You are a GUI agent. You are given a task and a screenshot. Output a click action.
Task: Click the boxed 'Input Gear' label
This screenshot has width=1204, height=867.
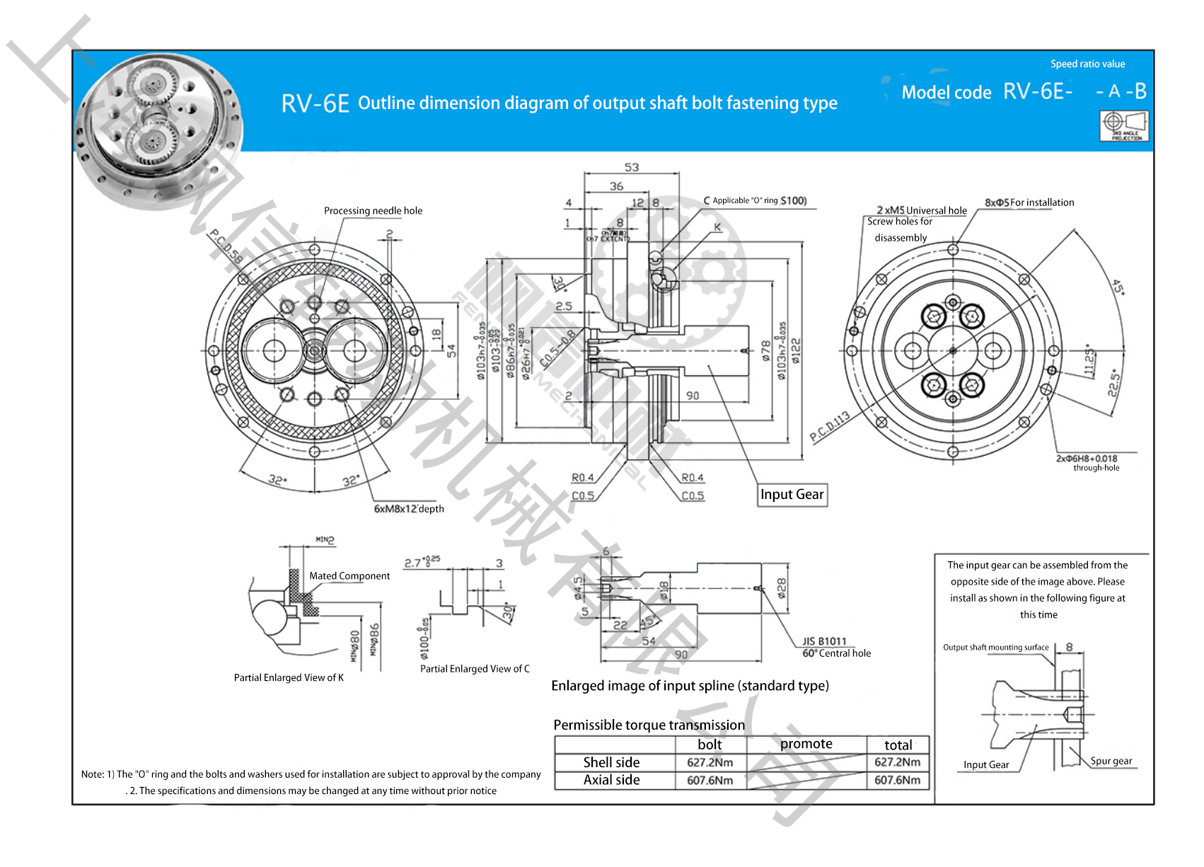(792, 495)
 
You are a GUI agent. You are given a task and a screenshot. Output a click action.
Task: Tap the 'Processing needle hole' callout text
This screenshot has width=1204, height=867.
(373, 211)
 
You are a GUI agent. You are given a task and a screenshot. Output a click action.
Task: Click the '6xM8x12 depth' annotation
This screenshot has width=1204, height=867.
(409, 509)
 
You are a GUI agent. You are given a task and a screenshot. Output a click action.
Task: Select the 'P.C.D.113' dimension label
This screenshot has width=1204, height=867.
(830, 427)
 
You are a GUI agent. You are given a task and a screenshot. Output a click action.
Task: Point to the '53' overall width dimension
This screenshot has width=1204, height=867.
(631, 168)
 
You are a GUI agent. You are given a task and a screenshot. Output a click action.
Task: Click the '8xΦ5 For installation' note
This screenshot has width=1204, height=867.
(1029, 202)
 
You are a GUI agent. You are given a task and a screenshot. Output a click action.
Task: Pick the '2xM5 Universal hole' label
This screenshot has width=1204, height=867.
(921, 210)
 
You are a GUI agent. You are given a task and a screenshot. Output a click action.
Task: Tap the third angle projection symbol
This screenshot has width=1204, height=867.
(1124, 126)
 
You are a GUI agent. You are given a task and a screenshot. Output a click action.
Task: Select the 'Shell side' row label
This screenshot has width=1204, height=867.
(611, 762)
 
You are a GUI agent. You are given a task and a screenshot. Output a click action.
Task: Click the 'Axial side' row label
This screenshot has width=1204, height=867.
(611, 780)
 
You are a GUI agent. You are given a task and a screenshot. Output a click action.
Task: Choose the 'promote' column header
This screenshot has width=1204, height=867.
(806, 744)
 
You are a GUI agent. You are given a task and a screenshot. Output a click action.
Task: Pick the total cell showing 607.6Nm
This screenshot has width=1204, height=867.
(897, 780)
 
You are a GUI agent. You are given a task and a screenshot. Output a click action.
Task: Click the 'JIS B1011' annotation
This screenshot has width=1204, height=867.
(824, 641)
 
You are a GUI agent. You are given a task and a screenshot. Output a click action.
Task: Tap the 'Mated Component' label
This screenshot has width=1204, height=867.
(349, 576)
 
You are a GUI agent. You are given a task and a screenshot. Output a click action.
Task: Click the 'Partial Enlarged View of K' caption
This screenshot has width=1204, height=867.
(289, 678)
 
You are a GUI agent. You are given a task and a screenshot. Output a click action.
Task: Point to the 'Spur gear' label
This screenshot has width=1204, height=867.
(1111, 761)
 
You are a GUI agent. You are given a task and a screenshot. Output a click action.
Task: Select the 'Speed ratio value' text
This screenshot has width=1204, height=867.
(1087, 64)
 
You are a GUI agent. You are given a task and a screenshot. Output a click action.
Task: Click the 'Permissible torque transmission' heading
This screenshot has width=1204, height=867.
(649, 725)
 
